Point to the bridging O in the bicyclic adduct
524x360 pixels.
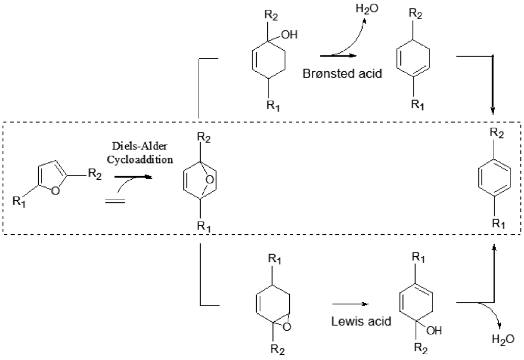tap(208, 181)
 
